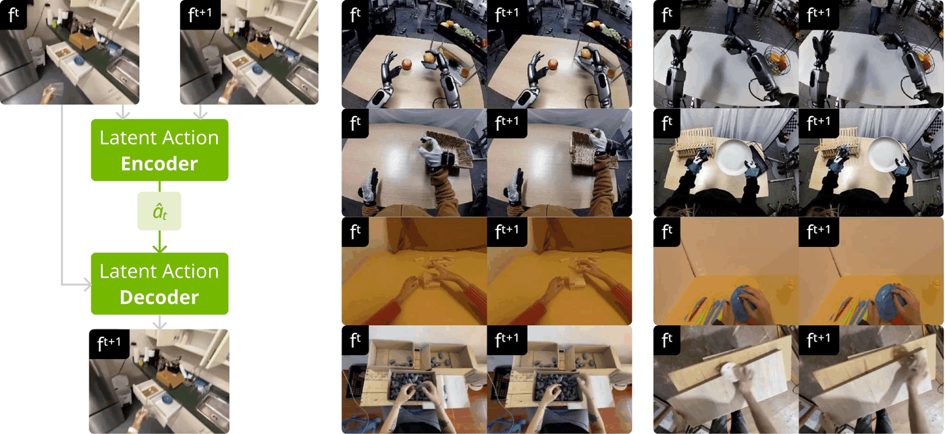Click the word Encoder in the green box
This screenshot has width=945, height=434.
click(159, 163)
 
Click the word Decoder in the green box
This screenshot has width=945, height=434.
click(159, 298)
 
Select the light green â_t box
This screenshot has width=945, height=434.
click(159, 211)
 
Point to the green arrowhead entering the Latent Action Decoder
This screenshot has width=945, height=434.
click(159, 248)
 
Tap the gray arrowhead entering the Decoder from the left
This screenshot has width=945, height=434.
click(87, 285)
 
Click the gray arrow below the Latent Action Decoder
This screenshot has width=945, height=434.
click(159, 322)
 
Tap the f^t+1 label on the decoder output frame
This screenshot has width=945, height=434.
click(109, 344)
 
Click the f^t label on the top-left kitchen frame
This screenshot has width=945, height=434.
click(13, 14)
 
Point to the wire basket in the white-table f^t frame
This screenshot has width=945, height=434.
click(778, 58)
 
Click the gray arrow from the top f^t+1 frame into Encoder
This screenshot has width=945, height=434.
click(200, 112)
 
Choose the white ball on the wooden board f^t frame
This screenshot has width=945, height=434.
click(729, 371)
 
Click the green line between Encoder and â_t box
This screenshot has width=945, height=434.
click(159, 186)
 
